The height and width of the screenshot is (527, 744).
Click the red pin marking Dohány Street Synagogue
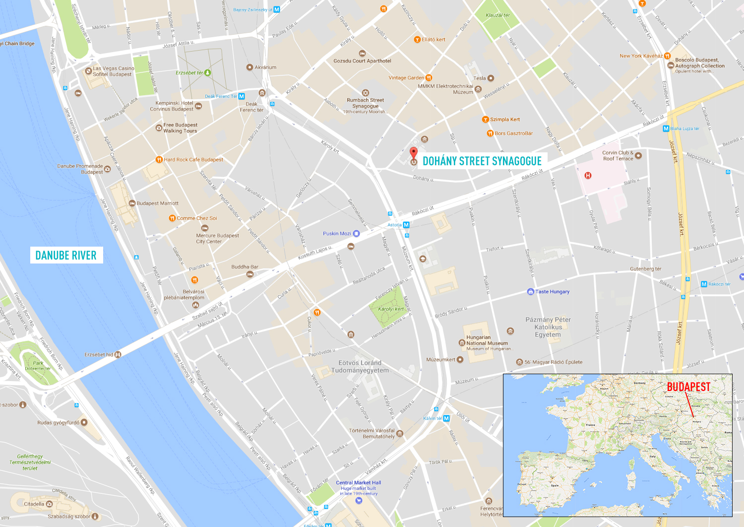pos(413,153)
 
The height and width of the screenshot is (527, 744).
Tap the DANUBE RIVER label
pos(66,255)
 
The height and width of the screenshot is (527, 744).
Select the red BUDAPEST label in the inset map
pos(688,387)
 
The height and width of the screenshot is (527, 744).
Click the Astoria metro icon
pos(406,225)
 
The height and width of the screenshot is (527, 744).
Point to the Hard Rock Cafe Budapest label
pos(193,160)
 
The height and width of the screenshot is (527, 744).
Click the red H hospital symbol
pos(588,175)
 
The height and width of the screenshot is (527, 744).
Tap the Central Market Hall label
pos(358,482)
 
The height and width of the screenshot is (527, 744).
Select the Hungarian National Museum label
pos(487,340)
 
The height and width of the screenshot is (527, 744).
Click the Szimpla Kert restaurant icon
pos(486,119)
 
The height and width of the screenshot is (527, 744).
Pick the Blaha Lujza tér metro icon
pos(666,129)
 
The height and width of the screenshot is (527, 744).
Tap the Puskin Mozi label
pos(337,233)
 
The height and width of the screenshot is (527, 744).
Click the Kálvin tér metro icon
pos(446,418)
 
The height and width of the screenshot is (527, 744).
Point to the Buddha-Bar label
pos(245,267)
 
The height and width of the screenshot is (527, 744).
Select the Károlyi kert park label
pos(391,309)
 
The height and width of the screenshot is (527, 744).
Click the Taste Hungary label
pos(552,292)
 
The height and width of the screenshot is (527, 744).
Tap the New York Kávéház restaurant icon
pos(667,56)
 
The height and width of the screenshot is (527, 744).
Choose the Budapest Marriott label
pos(157,203)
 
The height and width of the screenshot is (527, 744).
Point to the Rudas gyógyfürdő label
pos(58,423)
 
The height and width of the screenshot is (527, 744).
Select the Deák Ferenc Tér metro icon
pos(242,96)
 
